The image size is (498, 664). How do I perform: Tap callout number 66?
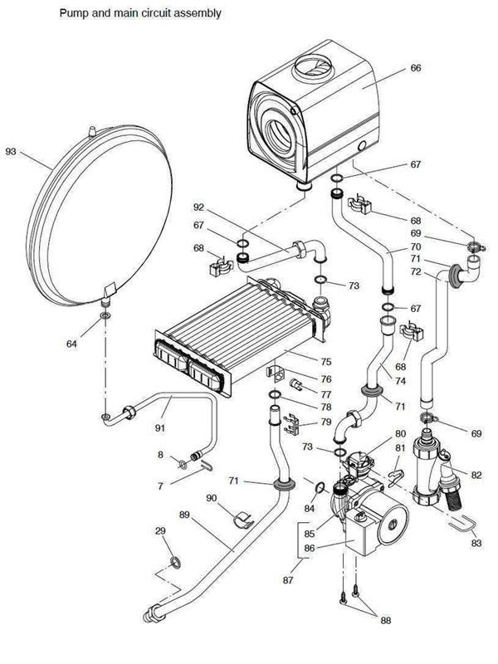(x=416, y=70)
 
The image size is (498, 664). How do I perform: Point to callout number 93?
(x=11, y=152)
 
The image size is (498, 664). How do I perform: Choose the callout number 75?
(x=326, y=361)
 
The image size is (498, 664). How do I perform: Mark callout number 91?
(x=160, y=429)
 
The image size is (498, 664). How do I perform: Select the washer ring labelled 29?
(x=174, y=565)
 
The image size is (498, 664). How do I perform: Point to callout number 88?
(x=384, y=619)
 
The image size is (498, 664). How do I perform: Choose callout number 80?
(x=400, y=434)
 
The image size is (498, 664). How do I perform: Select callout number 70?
(x=415, y=247)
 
